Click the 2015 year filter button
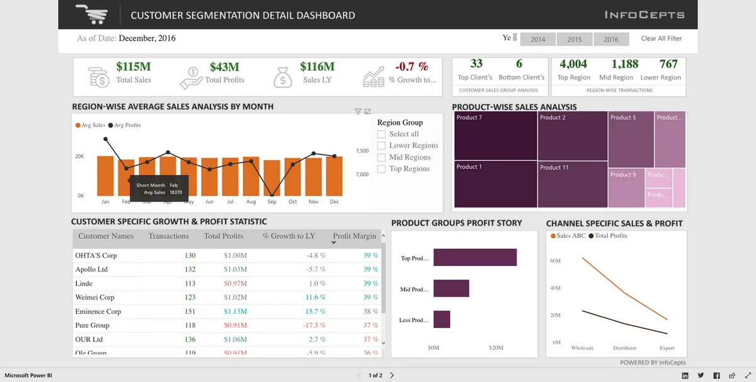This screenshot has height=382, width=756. point(575,39)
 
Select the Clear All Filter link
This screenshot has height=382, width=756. point(661,38)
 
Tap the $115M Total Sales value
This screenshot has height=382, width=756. point(134,66)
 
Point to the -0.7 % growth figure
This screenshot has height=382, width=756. point(411,66)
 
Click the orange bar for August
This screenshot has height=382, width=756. point(251,176)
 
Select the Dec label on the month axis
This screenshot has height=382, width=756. point(334,202)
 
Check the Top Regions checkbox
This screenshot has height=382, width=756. point(382,169)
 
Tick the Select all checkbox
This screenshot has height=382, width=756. point(382,134)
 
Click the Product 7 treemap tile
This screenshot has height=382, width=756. point(495,136)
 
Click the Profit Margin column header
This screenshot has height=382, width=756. point(354,236)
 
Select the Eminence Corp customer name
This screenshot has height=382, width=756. point(98,311)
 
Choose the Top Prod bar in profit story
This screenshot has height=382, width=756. point(474,258)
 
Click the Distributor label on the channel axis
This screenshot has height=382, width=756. point(624,348)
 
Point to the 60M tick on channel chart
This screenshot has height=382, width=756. point(556,260)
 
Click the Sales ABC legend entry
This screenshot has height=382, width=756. point(570,236)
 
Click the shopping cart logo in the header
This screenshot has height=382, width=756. point(91,14)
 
